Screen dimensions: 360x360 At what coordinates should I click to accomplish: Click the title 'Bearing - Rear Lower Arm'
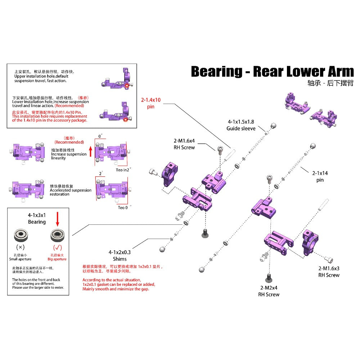tap(272, 72)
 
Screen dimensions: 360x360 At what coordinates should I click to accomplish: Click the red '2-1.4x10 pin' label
tap(151, 103)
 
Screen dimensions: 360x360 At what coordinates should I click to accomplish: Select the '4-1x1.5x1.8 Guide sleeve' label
tap(241, 125)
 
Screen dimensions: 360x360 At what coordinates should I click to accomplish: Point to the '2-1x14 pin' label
tap(320, 176)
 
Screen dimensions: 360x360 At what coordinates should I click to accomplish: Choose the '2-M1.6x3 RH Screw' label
tap(329, 272)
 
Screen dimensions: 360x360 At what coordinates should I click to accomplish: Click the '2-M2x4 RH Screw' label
tap(269, 291)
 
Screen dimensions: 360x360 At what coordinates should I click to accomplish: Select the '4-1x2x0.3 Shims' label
tap(120, 255)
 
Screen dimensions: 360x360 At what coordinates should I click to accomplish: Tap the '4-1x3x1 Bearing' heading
tap(37, 219)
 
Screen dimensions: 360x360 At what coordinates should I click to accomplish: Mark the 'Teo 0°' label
tap(125, 207)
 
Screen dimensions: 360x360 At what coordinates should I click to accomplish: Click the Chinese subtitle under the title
tap(330, 83)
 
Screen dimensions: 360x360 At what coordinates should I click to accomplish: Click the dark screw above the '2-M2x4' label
tap(269, 278)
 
